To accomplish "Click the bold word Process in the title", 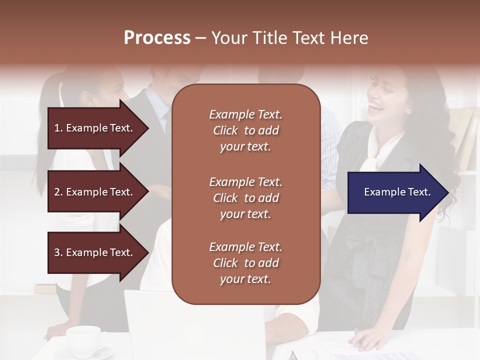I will (x=157, y=38).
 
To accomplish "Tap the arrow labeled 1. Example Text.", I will (x=95, y=128).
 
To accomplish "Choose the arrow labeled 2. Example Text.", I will (x=95, y=192).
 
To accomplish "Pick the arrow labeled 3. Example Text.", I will (x=95, y=252).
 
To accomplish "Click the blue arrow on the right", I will (x=395, y=192).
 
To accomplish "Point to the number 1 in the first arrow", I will (x=57, y=128).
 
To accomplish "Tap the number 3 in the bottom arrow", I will (x=57, y=252).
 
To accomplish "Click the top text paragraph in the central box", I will (x=245, y=130).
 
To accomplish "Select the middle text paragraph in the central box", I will (x=245, y=198).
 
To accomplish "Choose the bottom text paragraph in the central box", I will (x=245, y=263).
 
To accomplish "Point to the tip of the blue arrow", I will (x=447, y=192).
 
